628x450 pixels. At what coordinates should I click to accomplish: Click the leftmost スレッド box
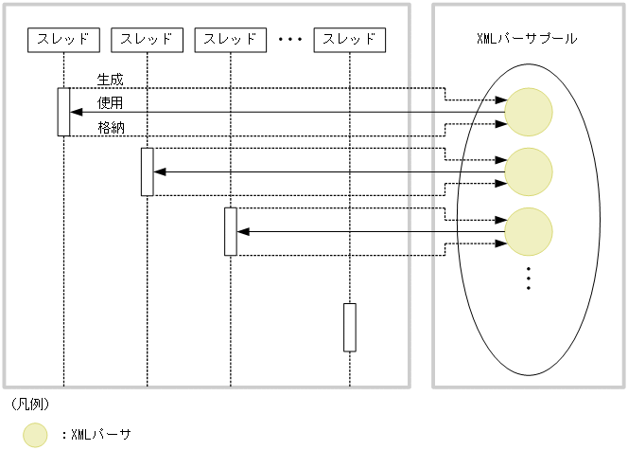point(63,40)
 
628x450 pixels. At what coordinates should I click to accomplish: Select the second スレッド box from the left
point(147,40)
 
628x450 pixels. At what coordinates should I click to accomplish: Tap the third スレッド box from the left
point(230,40)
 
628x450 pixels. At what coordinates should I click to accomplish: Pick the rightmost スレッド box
point(350,40)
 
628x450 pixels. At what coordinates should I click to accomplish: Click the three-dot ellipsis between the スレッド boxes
point(289,41)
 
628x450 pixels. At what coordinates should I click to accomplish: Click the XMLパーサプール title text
point(527,40)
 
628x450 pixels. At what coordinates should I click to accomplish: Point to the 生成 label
point(110,78)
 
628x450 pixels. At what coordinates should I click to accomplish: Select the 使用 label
point(110,101)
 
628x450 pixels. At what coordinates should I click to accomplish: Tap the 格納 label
point(110,126)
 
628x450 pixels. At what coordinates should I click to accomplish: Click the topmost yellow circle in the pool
point(528,112)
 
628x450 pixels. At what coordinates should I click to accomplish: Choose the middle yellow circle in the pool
point(528,171)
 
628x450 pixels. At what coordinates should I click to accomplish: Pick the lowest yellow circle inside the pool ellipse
point(528,231)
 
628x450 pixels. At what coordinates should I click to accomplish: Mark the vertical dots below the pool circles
point(528,277)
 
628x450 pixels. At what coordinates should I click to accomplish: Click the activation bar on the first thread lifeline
point(63,112)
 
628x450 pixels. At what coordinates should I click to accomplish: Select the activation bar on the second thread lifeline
point(147,171)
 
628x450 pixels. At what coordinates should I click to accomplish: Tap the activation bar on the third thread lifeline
point(230,231)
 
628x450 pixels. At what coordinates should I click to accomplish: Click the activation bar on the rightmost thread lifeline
point(350,327)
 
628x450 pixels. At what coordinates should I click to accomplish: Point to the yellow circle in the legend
point(35,435)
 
